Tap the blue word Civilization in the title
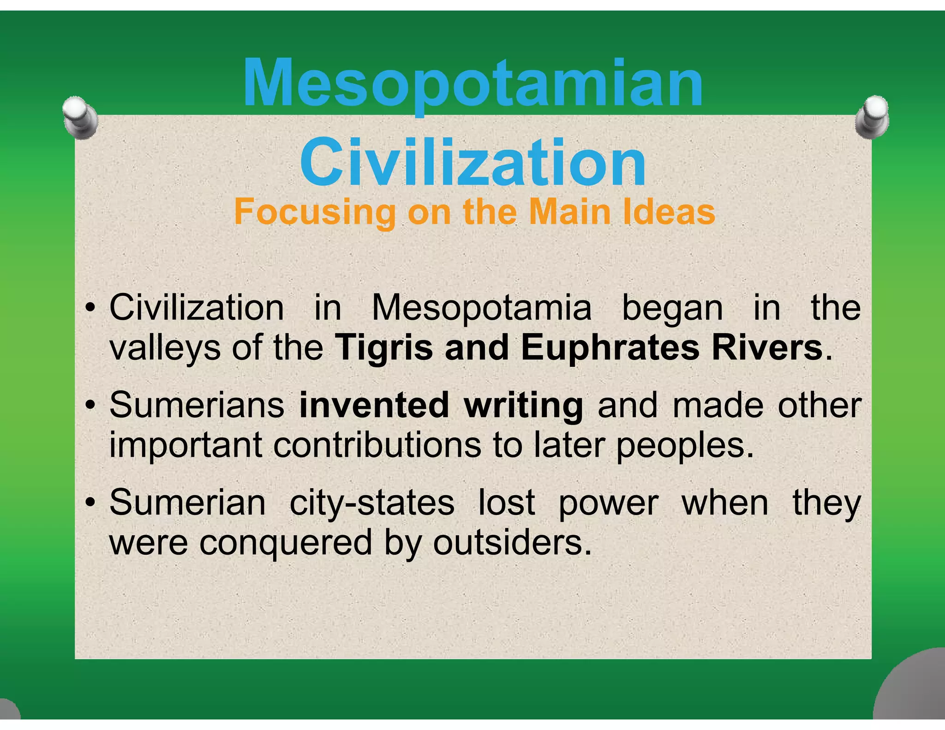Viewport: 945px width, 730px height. tap(472, 162)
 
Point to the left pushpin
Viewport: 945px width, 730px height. tap(80, 117)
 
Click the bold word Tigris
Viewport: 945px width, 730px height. tap(384, 347)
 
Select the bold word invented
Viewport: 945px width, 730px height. tap(374, 405)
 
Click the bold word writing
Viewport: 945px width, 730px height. tap(523, 405)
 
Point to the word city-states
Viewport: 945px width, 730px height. tap(372, 503)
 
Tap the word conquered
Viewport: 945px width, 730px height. tap(286, 543)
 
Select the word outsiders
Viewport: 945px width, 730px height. tap(512, 543)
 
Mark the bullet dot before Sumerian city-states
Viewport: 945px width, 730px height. tap(90, 503)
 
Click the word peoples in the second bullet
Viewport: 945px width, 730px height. tap(684, 446)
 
